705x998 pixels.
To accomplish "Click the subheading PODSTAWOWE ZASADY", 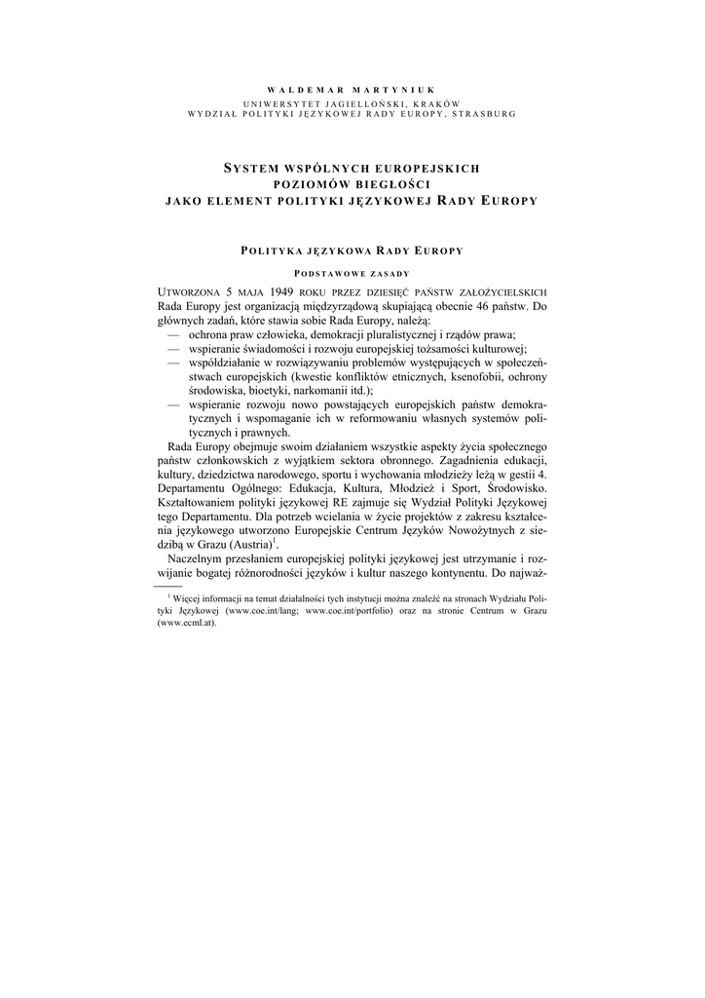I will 352,274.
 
